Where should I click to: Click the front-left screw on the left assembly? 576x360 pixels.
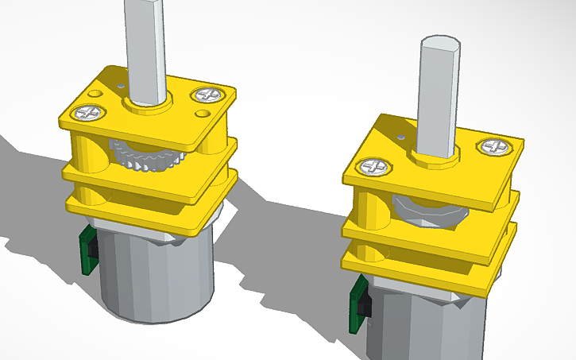coord(87,112)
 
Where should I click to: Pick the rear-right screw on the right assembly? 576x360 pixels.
coord(493,146)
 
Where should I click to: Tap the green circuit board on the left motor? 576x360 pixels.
coord(88,251)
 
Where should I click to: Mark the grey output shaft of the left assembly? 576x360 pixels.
coord(145,48)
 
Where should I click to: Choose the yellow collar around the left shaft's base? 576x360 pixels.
coord(146,105)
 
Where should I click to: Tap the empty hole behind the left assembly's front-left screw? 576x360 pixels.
coord(95,94)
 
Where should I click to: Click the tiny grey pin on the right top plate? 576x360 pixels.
coord(403,137)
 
